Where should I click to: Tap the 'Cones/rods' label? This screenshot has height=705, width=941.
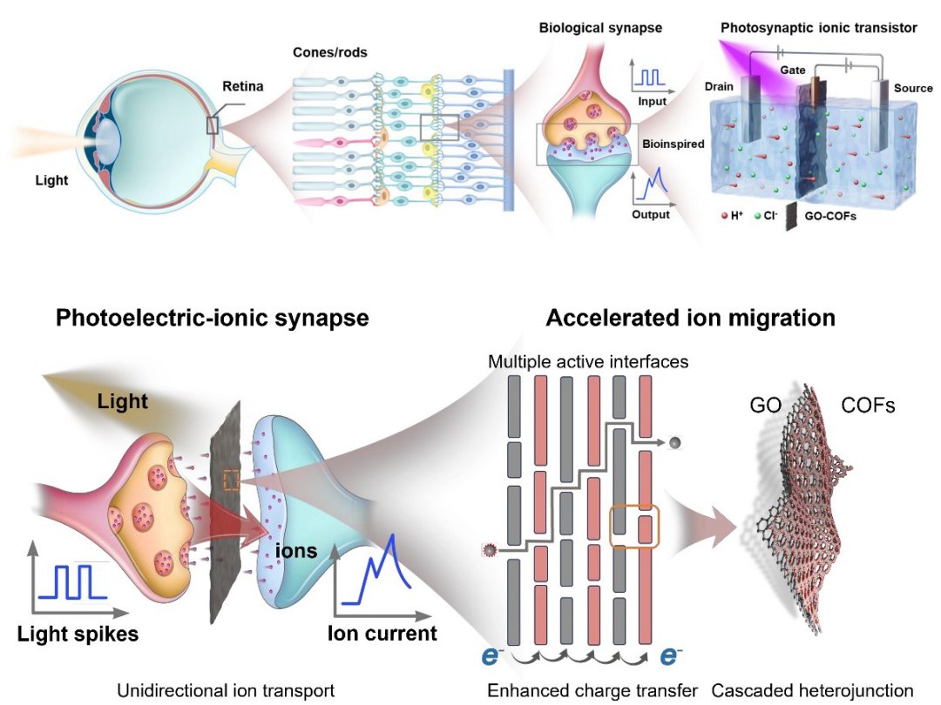click(x=330, y=52)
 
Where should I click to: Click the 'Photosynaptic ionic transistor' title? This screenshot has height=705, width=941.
click(x=818, y=28)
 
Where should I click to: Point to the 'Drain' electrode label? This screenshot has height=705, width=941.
click(x=721, y=86)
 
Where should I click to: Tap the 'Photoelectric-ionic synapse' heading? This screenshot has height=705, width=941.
click(x=212, y=318)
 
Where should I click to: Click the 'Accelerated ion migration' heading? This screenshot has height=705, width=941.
click(x=690, y=318)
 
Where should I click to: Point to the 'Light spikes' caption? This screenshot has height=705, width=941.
click(x=78, y=633)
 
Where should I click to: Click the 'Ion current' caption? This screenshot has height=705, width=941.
click(x=382, y=633)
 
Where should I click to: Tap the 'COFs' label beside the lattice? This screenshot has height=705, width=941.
click(x=868, y=406)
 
